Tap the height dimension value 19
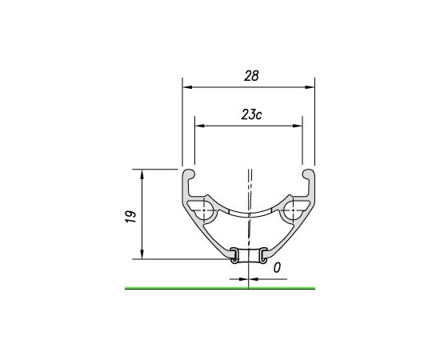coord(130,215)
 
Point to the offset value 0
coord(276,269)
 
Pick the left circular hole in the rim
coord(203,213)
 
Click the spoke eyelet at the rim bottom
coord(248,256)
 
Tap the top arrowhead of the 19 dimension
coord(142,173)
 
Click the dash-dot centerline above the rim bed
coord(250,188)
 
